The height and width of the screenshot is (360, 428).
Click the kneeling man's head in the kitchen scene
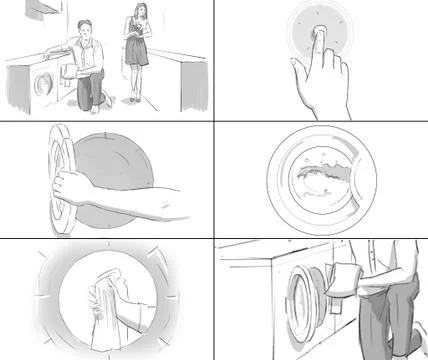(x=89, y=30)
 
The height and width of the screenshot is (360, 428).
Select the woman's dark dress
(x=137, y=52)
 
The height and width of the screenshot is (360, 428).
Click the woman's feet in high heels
(x=133, y=99)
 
